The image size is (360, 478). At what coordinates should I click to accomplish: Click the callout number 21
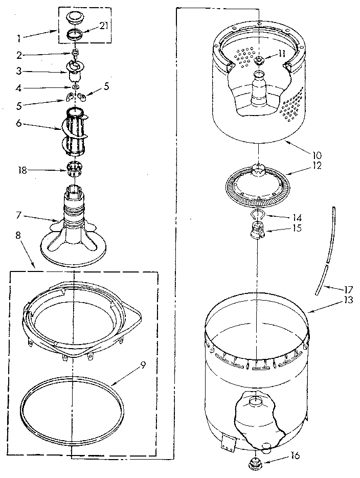tap(103, 27)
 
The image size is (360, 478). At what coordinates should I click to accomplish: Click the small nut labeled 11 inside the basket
tap(258, 61)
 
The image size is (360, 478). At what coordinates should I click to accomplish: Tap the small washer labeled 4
tap(75, 88)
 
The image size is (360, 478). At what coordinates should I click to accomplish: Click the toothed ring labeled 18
tap(75, 167)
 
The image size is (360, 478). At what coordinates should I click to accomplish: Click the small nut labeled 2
tap(75, 53)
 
